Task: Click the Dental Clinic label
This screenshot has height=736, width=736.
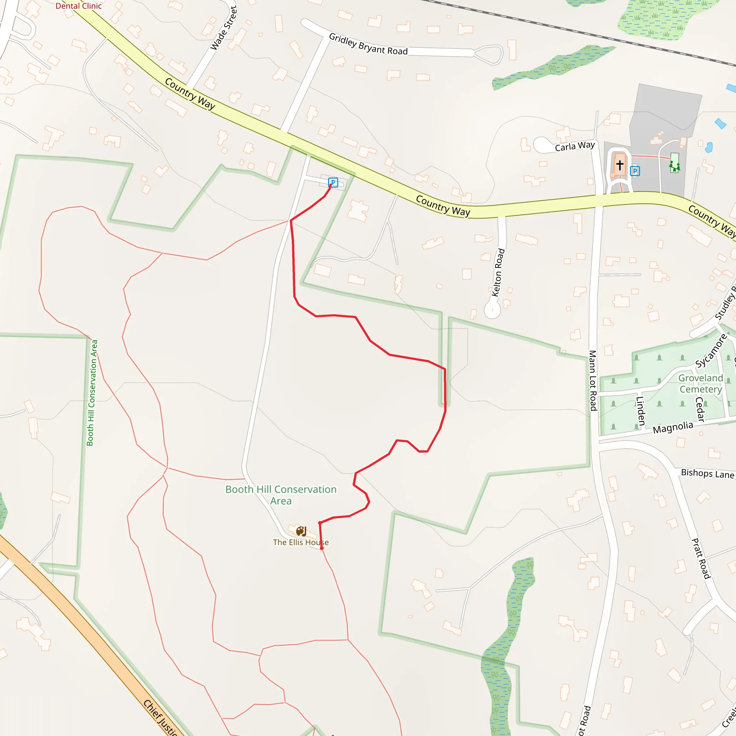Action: (78, 6)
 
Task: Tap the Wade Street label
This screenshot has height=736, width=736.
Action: (224, 28)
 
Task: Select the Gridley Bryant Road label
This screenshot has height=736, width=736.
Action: (368, 44)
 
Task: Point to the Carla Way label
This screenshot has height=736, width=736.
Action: (575, 146)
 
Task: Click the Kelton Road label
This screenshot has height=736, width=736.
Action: (498, 272)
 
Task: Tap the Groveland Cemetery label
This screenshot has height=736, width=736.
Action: (700, 383)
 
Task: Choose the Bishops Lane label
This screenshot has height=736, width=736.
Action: (707, 474)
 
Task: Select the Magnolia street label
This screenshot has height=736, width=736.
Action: (673, 427)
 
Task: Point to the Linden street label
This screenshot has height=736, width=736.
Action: (640, 411)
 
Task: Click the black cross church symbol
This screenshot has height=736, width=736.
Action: (620, 165)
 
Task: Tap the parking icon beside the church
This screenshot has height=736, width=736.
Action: (635, 171)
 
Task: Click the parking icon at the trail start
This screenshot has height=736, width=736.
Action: (333, 183)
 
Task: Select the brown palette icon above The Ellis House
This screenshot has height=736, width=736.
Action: (301, 531)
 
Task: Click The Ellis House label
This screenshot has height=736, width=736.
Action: (300, 542)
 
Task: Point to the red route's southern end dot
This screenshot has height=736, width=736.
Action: (322, 548)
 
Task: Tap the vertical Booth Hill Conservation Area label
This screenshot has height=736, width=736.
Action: (92, 393)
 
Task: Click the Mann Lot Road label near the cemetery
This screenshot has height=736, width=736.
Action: (593, 381)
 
